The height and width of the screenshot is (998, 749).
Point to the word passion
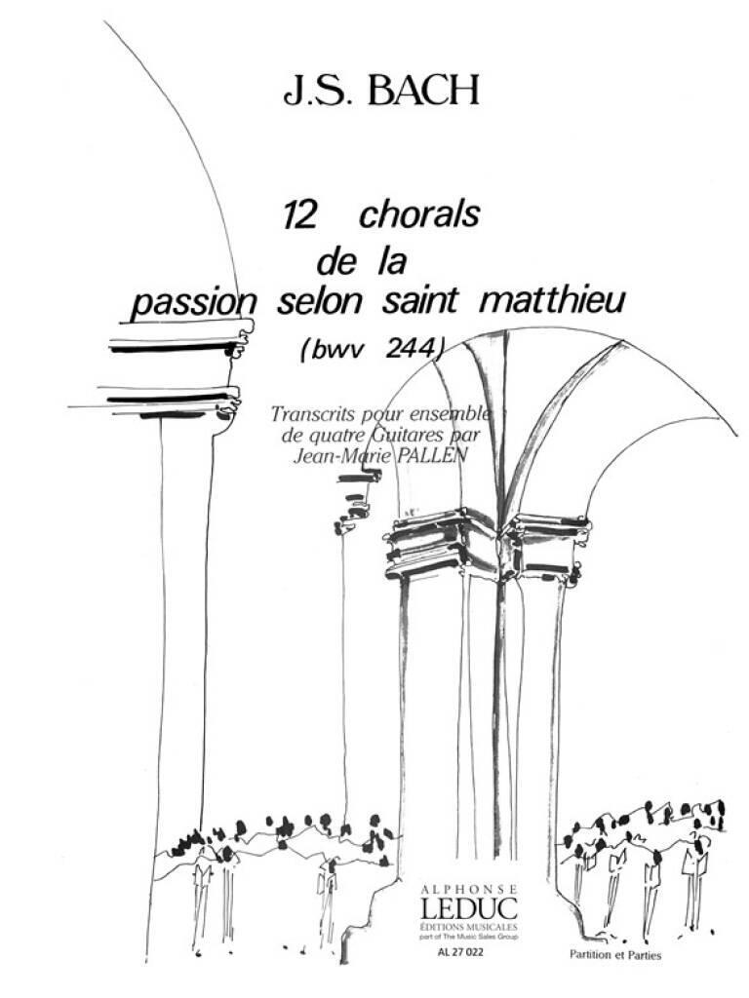coord(191,306)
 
